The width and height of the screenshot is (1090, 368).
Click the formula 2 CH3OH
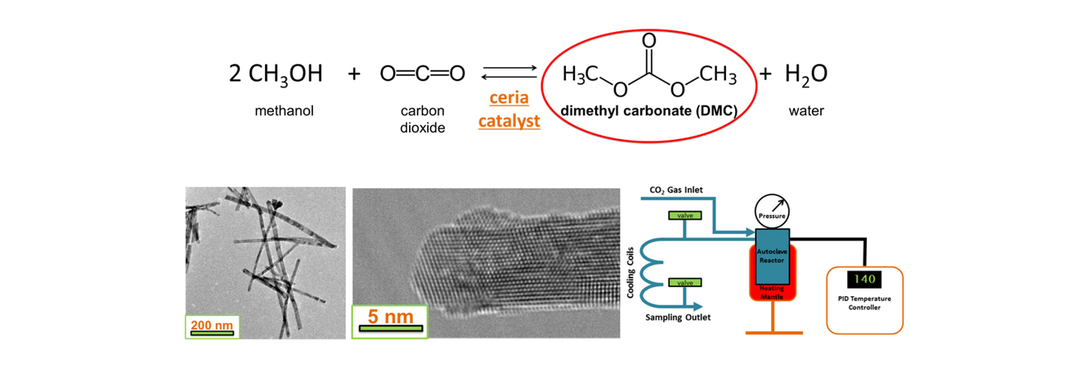pyautogui.click(x=275, y=74)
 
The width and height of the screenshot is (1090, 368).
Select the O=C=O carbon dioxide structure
pyautogui.click(x=422, y=74)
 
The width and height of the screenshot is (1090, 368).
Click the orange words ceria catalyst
pyautogui.click(x=509, y=110)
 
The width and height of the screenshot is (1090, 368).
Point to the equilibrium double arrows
pyautogui.click(x=509, y=74)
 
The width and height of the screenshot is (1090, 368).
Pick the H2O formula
pyautogui.click(x=805, y=74)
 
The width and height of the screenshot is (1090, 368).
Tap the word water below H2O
pyautogui.click(x=805, y=110)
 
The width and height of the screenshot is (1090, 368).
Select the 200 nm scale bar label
pyautogui.click(x=212, y=325)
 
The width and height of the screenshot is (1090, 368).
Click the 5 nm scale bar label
pyautogui.click(x=388, y=315)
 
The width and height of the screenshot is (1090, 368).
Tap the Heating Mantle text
pyautogui.click(x=771, y=293)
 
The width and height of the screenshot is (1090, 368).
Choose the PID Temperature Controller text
pyautogui.click(x=866, y=303)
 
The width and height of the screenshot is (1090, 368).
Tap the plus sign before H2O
pyautogui.click(x=765, y=74)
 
